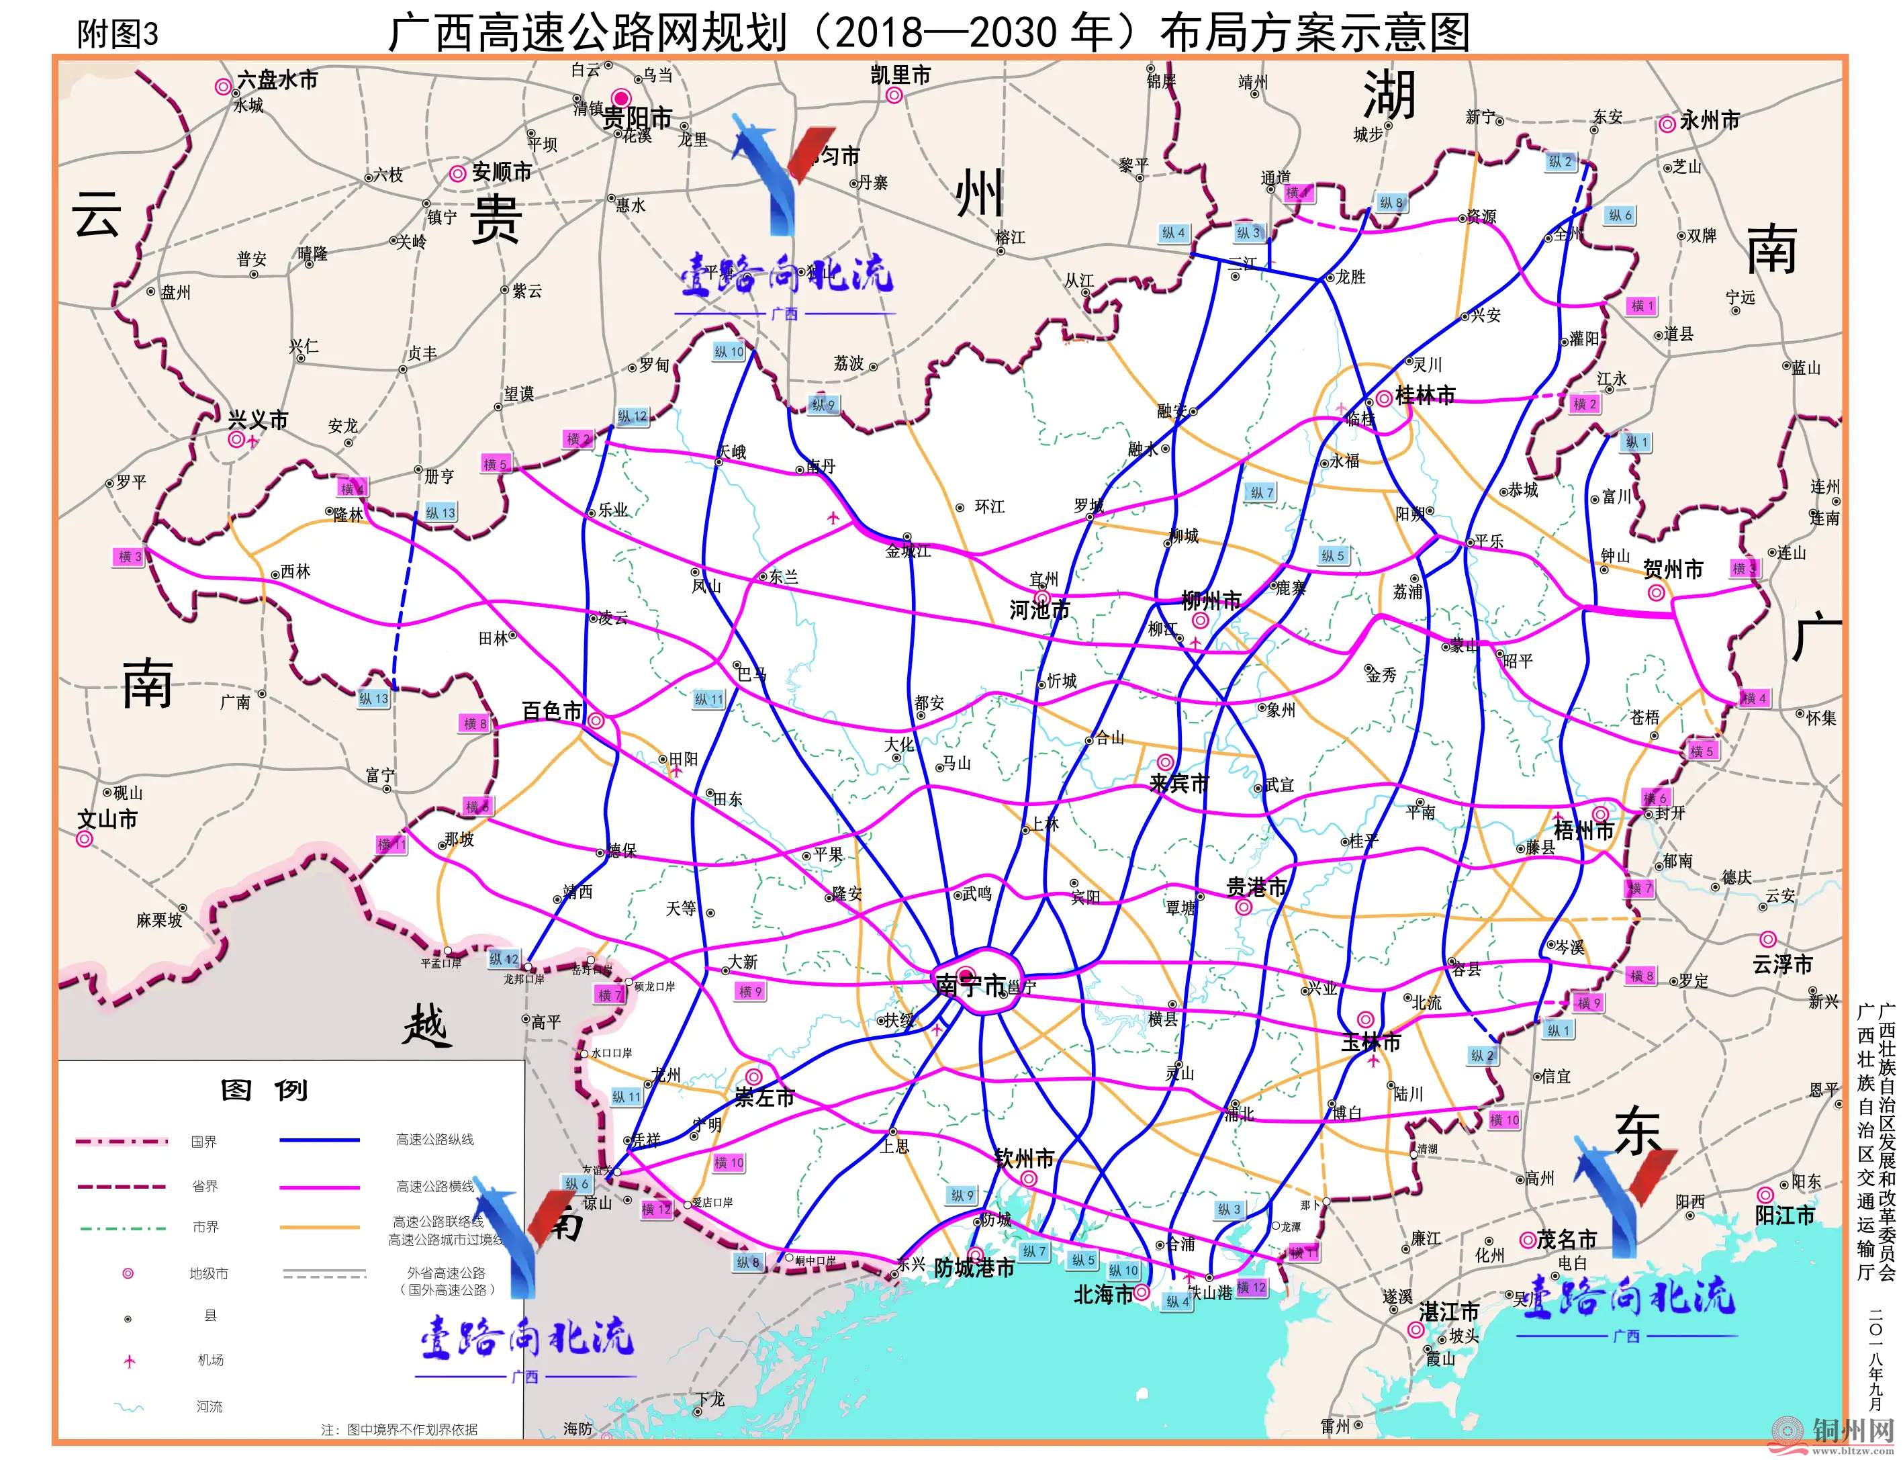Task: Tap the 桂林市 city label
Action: [1425, 396]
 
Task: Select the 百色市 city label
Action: [552, 711]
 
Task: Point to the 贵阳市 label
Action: [637, 118]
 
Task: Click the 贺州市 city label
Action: [1673, 569]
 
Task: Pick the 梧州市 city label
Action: [1583, 831]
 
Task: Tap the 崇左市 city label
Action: [765, 1097]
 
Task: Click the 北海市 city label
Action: [1103, 1295]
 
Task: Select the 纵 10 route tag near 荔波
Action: [729, 352]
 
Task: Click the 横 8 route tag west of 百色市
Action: [475, 723]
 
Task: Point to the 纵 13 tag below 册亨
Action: [440, 512]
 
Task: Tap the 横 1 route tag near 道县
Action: [1641, 306]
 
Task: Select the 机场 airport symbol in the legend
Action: [130, 1361]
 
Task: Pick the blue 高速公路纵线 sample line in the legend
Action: [319, 1139]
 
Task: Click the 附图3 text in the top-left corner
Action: [118, 35]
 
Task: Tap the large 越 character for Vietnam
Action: [425, 1028]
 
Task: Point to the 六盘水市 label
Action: [277, 80]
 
